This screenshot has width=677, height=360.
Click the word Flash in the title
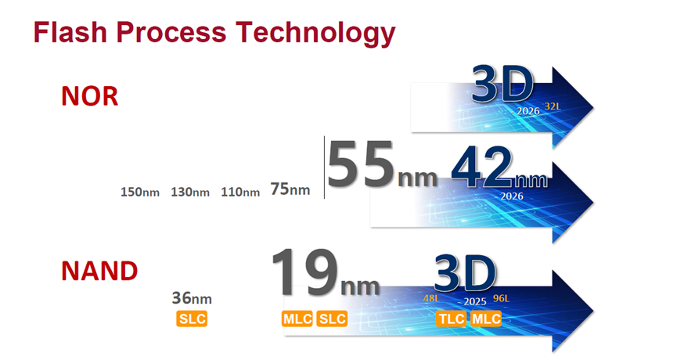(70, 32)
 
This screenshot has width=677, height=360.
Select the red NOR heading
(89, 95)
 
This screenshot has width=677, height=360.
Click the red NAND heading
(99, 271)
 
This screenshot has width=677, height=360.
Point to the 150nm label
(140, 192)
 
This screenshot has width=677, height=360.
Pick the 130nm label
(190, 192)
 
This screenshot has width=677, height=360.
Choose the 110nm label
(240, 192)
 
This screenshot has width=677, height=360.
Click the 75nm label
(290, 189)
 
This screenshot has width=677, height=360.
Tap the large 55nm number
(382, 165)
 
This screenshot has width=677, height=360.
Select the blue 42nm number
(499, 167)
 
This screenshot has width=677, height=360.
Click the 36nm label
(192, 298)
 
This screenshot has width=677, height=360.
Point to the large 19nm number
(326, 272)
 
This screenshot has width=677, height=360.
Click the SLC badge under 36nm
(192, 319)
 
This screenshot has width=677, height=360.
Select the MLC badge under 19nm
(297, 319)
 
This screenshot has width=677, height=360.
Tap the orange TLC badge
(451, 319)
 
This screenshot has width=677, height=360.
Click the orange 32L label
(553, 106)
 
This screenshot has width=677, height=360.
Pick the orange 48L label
(431, 298)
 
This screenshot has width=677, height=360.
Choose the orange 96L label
(501, 298)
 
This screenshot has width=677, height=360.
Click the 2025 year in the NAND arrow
(475, 302)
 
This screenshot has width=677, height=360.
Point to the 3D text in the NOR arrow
(502, 85)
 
